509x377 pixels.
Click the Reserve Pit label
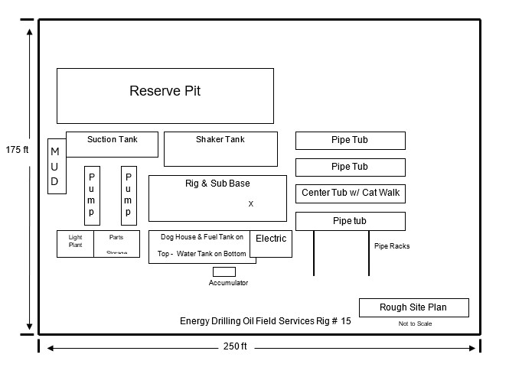pos(165,91)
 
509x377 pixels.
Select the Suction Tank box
pos(112,144)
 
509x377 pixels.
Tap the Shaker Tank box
pos(220,148)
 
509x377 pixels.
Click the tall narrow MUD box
pos(55,167)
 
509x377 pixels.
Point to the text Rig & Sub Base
pos(217,184)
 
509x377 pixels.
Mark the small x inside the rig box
pos(250,204)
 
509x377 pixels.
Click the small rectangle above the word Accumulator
pos(224,271)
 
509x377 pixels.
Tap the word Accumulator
pos(228,283)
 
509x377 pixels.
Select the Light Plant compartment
pos(75,243)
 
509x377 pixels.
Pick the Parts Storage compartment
pos(116,243)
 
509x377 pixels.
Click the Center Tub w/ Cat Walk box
pos(350,193)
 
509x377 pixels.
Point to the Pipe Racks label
pos(391,246)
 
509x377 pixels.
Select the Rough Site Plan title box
pos(413,307)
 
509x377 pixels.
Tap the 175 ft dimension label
pos(16,150)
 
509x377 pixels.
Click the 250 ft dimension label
pos(235,346)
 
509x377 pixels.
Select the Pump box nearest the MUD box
pos(92,195)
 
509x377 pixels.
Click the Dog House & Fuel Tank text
pos(201,238)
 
